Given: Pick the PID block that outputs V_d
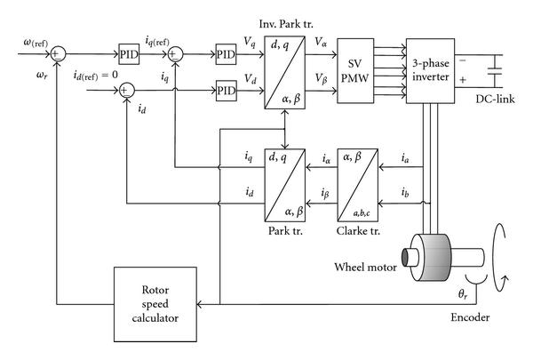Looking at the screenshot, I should pyautogui.click(x=225, y=89).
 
